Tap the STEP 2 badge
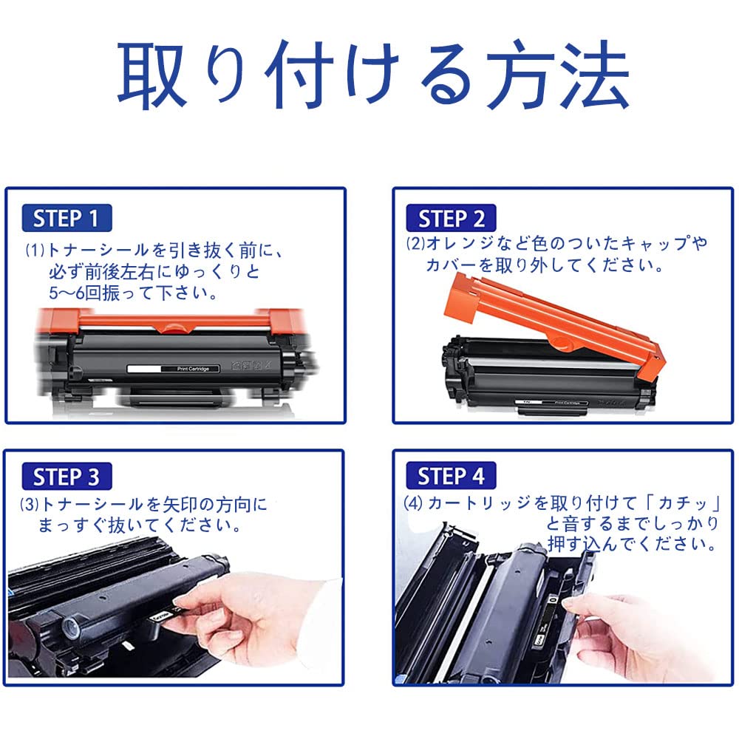(451, 218)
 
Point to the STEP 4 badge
(451, 477)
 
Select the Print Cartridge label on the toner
(174, 367)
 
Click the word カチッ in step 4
(687, 504)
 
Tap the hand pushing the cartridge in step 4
(628, 628)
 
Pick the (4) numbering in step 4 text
(413, 504)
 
